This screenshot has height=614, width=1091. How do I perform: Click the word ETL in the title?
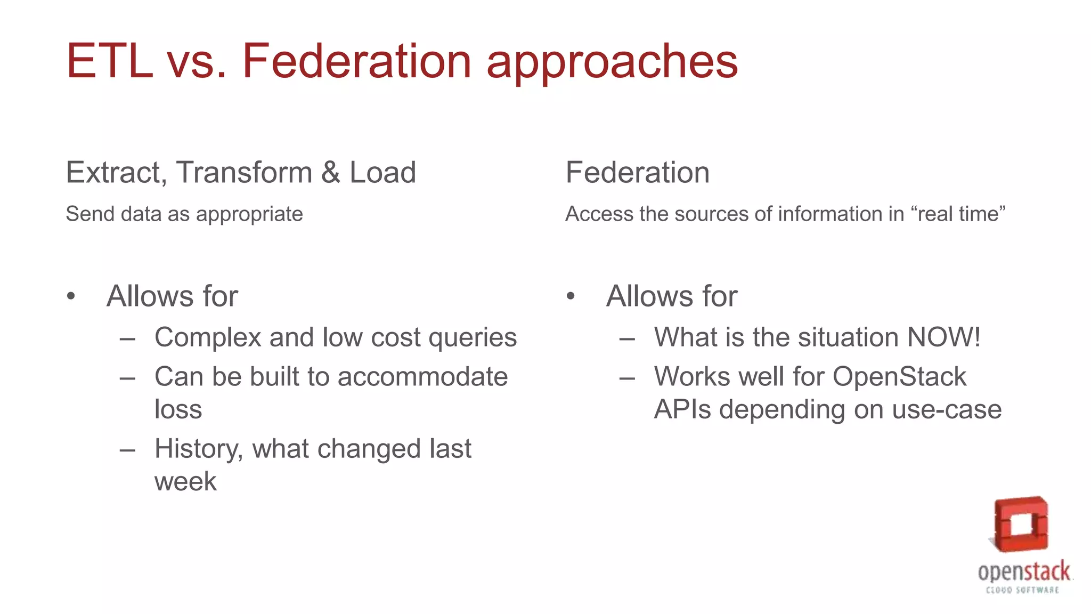109,61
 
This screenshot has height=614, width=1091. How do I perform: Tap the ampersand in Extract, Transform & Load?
330,173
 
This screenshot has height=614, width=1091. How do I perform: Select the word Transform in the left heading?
244,173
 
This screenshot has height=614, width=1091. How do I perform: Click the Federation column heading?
637,173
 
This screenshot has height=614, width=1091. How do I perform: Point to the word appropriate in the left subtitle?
249,215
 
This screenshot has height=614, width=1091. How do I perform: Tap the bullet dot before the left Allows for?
71,296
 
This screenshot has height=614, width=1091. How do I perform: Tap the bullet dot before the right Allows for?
571,296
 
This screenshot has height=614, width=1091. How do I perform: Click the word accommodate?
422,377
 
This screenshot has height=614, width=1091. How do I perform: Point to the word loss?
178,409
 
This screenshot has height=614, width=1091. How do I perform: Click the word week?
185,482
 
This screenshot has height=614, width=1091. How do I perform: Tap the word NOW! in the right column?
943,337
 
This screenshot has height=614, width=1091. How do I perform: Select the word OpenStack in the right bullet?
899,377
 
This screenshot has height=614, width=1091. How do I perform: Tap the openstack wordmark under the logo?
1023,572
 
